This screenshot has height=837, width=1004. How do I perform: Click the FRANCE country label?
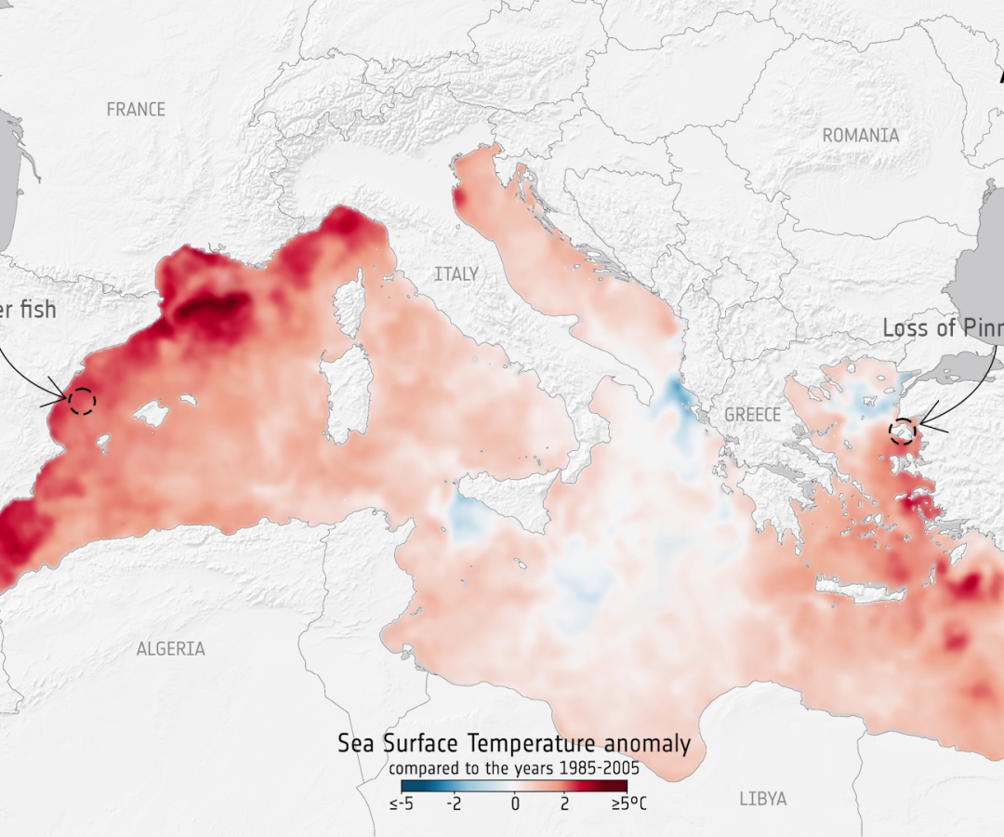(x=136, y=110)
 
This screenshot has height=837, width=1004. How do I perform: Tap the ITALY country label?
(x=456, y=274)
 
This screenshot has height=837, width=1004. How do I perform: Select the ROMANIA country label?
(x=861, y=136)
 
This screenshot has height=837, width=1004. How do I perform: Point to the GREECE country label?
(x=752, y=415)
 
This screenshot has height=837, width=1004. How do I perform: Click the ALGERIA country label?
(x=171, y=649)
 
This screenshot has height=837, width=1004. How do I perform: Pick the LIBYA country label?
(x=763, y=799)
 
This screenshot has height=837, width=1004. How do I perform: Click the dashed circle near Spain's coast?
(x=82, y=401)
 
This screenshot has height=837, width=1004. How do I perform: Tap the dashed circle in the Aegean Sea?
(x=902, y=432)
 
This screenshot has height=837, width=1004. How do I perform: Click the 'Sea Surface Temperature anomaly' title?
(x=514, y=744)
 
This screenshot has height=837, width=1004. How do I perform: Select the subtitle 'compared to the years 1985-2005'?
(x=514, y=768)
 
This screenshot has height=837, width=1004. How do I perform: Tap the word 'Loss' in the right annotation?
(x=906, y=328)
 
